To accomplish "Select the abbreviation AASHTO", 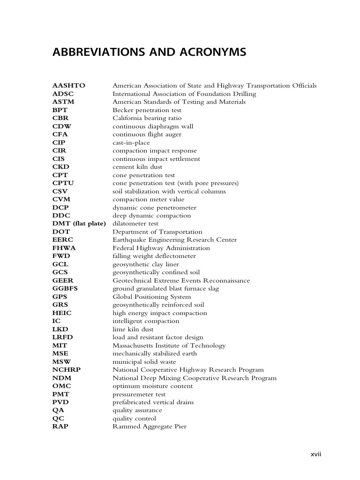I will [x=69, y=86].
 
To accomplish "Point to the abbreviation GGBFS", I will [x=65, y=289].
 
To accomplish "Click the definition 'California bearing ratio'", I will [x=147, y=118].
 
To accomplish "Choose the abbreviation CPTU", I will [x=63, y=183].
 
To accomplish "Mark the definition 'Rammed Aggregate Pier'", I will [x=149, y=427].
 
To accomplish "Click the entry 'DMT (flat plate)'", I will [x=79, y=224].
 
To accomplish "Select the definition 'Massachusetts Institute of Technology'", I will [x=169, y=345].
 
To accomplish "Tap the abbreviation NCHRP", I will [x=67, y=370].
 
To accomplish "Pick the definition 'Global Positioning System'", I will [x=151, y=297].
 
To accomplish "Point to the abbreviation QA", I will [x=58, y=410].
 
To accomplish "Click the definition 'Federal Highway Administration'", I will [x=161, y=248].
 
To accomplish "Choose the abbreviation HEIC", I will [x=62, y=313].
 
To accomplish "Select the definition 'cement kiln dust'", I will [x=136, y=167].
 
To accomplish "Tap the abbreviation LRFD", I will [x=63, y=337].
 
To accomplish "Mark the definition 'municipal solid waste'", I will [x=144, y=362].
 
